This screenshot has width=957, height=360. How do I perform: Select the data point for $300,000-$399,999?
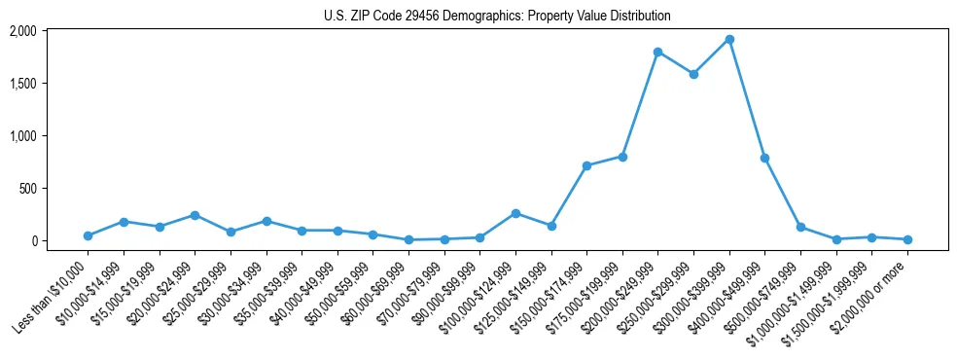pyautogui.click(x=729, y=40)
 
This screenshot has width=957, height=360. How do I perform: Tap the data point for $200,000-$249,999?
pyautogui.click(x=658, y=52)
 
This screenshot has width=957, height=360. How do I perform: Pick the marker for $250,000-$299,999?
pyautogui.click(x=693, y=74)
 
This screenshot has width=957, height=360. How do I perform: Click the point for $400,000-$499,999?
pyautogui.click(x=764, y=158)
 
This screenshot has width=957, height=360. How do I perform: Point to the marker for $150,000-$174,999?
pyautogui.click(x=586, y=165)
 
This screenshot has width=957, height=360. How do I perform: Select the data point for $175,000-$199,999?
pyautogui.click(x=622, y=157)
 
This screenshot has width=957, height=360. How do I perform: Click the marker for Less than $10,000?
pyautogui.click(x=88, y=235)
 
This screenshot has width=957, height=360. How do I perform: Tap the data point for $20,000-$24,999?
pyautogui.click(x=195, y=215)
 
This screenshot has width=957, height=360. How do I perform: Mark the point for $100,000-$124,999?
pyautogui.click(x=515, y=213)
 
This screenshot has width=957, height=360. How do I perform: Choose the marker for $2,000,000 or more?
pyautogui.click(x=907, y=239)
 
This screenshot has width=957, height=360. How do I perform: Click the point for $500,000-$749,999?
pyautogui.click(x=800, y=227)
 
